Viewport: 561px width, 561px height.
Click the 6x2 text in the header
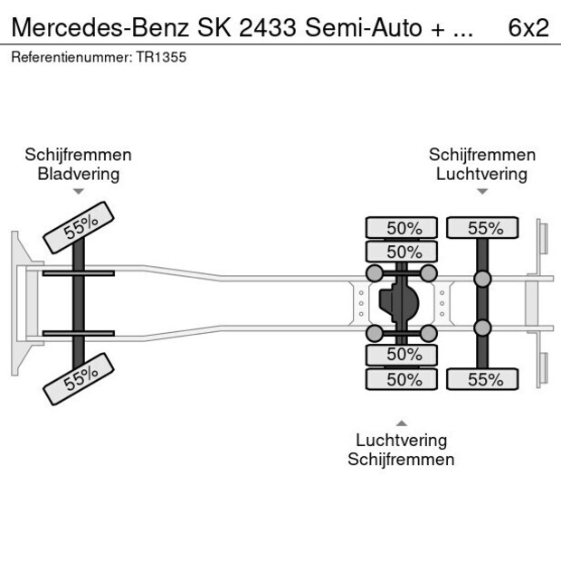528,27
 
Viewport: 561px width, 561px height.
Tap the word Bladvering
78,174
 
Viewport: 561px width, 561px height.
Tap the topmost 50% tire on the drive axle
404,228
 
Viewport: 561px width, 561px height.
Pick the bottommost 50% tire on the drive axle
404,380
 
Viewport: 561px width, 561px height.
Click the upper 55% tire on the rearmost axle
482,228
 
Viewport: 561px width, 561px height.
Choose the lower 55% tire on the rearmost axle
482,380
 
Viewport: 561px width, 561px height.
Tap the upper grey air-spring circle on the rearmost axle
482,279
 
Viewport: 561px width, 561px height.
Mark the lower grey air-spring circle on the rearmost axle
482,328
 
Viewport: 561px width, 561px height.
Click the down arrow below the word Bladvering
78,192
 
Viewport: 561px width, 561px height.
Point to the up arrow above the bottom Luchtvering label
401,423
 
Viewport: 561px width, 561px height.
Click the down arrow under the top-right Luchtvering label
482,192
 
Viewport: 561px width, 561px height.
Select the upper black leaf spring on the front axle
78,273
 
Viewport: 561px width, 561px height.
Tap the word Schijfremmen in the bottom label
401,460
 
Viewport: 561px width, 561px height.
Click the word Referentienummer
71,56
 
